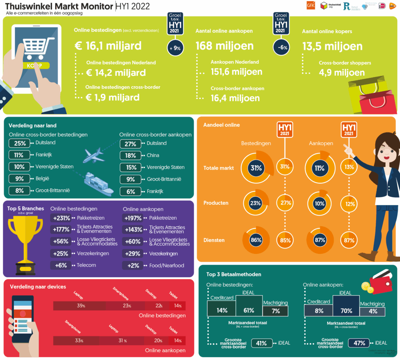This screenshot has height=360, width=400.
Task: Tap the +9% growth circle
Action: click(x=177, y=48)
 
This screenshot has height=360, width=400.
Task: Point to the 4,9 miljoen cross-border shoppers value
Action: click(x=342, y=73)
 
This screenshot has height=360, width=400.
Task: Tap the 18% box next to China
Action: click(x=131, y=156)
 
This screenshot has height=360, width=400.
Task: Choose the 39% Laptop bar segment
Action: click(x=81, y=306)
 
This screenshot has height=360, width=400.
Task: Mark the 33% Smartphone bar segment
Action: click(x=79, y=340)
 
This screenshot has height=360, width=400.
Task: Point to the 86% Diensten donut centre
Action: click(x=256, y=240)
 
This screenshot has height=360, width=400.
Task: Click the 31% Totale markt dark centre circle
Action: click(x=256, y=168)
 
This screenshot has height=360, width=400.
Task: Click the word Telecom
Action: click(x=86, y=265)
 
